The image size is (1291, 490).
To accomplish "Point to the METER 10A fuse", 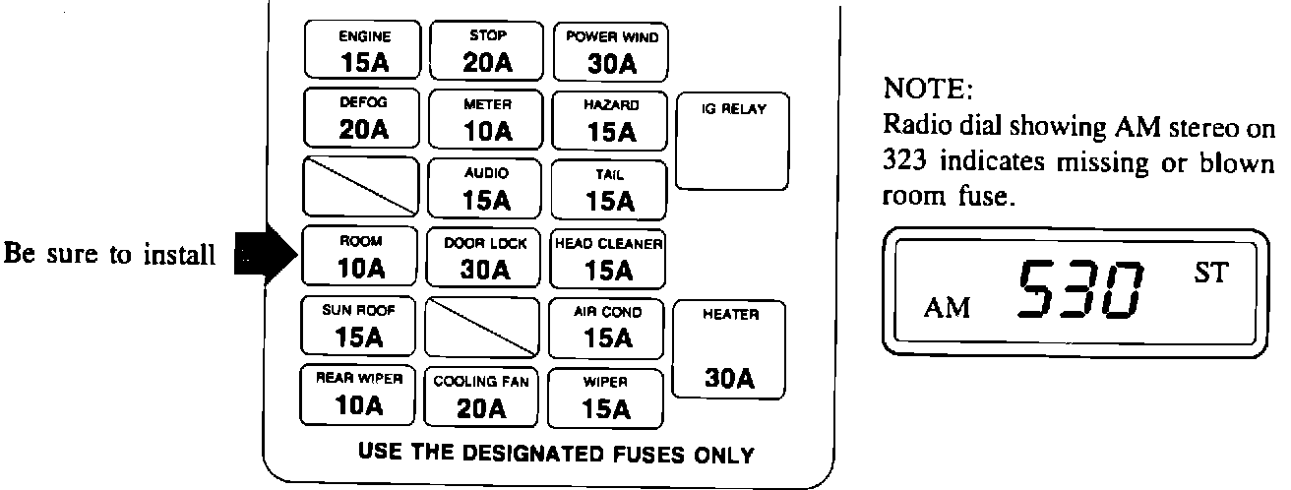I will pos(486,118).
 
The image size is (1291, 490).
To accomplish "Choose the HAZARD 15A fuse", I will pos(610,118).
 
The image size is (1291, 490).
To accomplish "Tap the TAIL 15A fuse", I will pos(610,188).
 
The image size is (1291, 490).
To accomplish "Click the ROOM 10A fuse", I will pos(360,256).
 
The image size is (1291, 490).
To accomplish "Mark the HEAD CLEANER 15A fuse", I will pos(610,256).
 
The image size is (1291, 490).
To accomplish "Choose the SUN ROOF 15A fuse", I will pos(360,326).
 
